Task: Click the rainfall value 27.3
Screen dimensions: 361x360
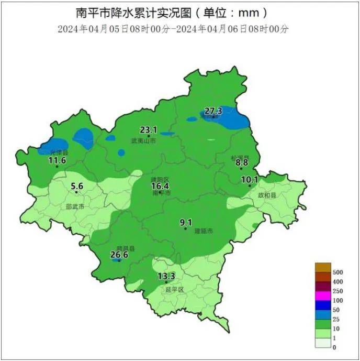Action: point(213,111)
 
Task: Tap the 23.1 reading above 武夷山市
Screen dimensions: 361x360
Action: point(148,129)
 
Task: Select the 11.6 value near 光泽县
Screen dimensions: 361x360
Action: point(57,160)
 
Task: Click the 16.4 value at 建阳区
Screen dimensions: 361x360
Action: point(160,186)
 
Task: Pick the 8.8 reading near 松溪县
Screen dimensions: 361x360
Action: point(241,163)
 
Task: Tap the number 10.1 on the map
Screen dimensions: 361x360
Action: point(250,180)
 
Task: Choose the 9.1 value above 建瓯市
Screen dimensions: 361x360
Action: point(186,222)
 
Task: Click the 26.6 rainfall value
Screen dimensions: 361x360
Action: point(119,255)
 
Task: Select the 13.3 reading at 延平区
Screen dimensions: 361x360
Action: point(166,276)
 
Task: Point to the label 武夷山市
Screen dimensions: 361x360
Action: point(143,141)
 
